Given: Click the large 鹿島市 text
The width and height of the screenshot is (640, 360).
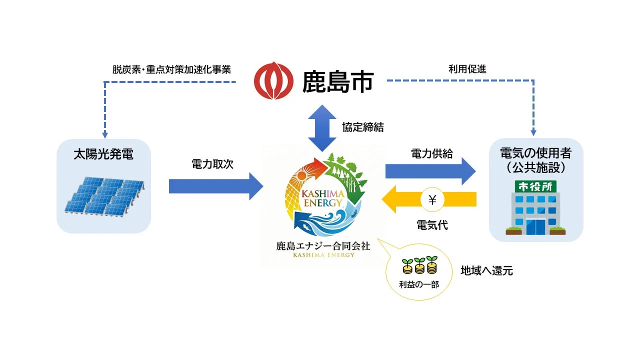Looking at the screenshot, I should click(x=338, y=82).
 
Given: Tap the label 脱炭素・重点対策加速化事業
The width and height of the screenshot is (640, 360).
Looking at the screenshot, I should click(x=171, y=69).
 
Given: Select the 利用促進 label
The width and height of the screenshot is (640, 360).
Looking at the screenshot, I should click(x=467, y=69).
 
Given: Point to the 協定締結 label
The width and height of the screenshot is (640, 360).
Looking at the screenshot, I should click(x=363, y=127).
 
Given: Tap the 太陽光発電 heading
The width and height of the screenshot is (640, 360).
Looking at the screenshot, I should click(x=103, y=154).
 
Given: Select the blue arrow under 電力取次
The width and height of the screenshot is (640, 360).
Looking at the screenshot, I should click(x=215, y=186).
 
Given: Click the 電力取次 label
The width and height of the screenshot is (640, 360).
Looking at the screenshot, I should click(x=212, y=164).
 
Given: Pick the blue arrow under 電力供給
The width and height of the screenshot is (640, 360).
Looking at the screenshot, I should click(x=430, y=171).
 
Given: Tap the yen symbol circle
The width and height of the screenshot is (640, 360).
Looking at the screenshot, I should click(x=433, y=200).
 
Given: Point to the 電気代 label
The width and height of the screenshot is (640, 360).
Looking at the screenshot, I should click(x=432, y=225).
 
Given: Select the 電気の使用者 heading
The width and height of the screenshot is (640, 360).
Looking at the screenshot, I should click(x=535, y=153).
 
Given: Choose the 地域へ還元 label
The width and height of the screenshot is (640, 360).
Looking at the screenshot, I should click(x=486, y=271).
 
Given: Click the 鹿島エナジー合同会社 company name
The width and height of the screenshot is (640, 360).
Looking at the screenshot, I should click(x=323, y=246).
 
